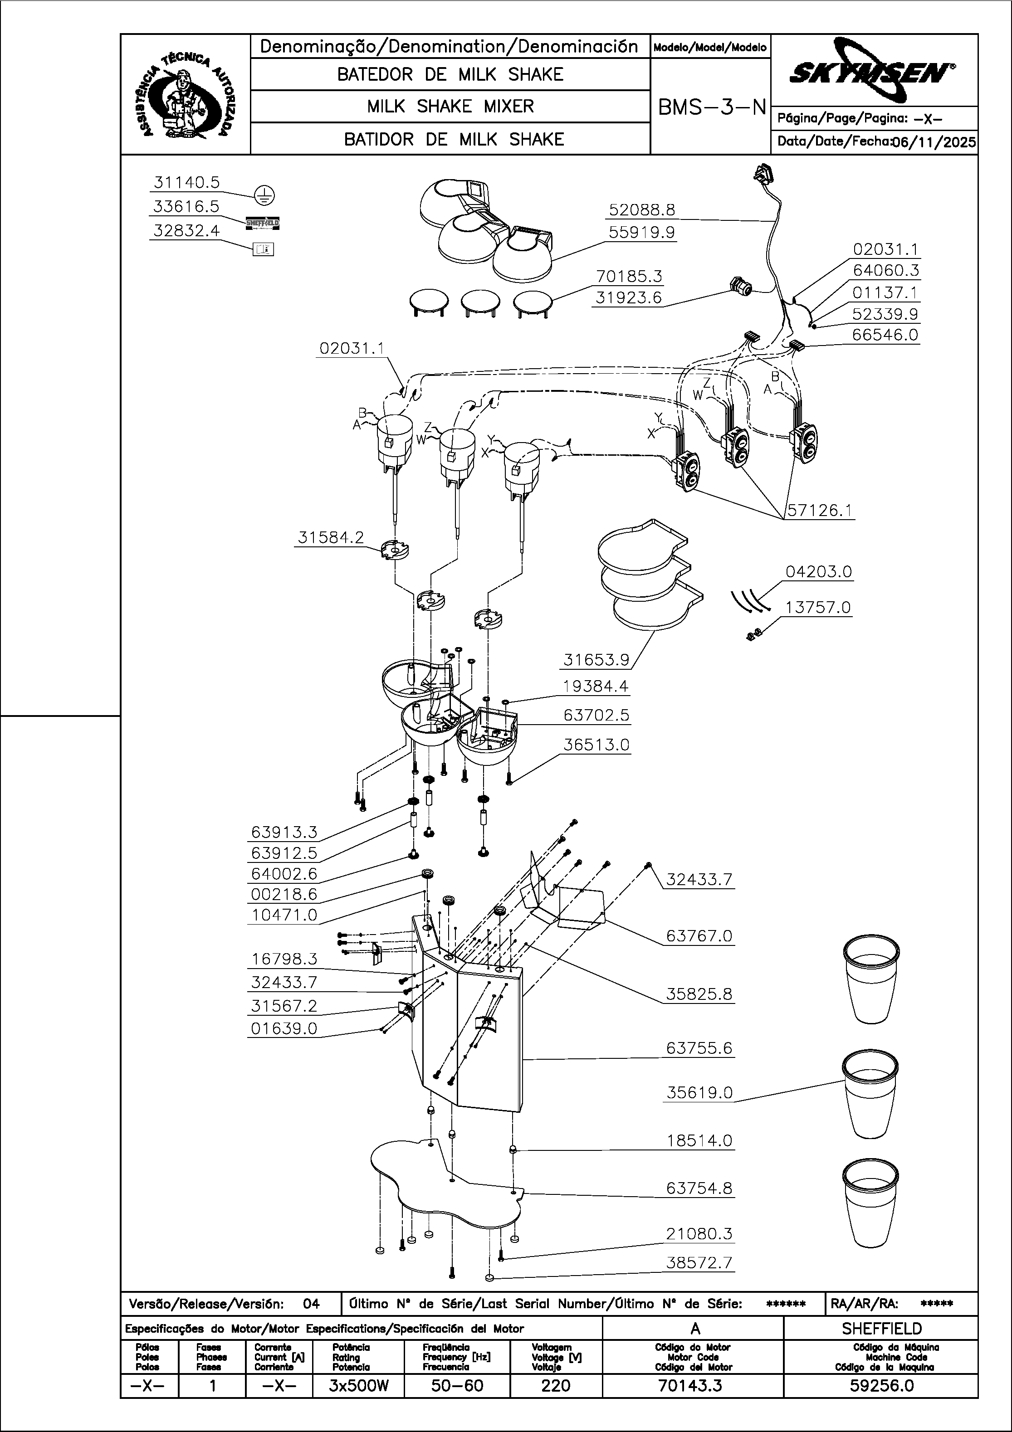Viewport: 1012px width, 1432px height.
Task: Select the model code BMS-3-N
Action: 711,108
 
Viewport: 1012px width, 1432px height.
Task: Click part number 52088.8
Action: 642,210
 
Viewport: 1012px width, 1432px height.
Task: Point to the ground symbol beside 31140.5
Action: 264,196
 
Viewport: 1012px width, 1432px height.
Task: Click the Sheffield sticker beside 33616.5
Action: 263,223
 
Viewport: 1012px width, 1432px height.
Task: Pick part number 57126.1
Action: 820,511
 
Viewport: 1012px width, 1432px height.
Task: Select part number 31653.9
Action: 596,659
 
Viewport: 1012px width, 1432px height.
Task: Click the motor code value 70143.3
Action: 690,1386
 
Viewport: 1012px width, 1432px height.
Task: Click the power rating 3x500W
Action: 359,1386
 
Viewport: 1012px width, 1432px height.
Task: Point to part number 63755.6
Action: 699,1048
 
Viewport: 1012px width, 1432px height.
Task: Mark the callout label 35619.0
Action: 699,1093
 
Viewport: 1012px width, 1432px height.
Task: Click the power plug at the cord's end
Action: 765,175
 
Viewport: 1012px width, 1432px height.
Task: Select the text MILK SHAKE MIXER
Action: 450,107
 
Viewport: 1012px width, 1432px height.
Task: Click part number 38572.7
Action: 699,1263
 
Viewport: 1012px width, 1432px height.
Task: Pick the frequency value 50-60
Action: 457,1386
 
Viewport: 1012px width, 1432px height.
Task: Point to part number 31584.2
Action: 331,538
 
